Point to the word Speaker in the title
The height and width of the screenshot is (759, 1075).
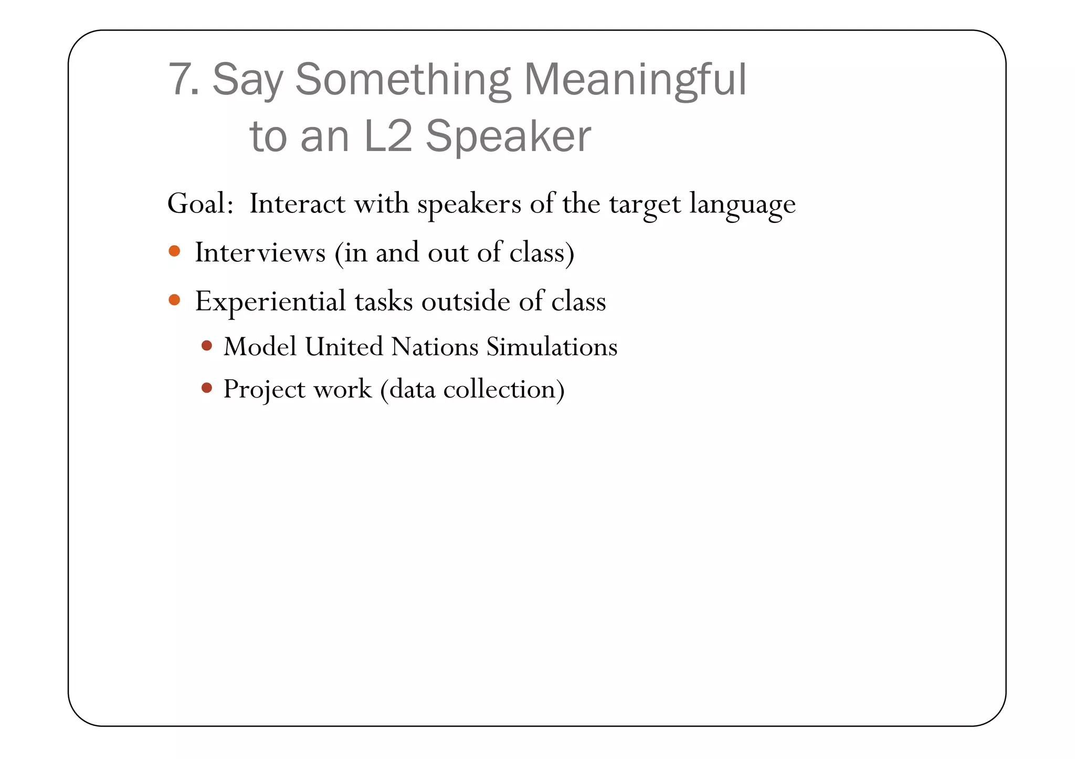coord(508,136)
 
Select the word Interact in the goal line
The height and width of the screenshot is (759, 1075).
coord(297,204)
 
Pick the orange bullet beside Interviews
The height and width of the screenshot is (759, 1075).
coord(175,251)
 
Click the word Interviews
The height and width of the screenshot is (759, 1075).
coord(260,252)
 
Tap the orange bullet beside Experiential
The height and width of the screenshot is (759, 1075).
coord(175,300)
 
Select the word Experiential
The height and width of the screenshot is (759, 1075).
coord(270,302)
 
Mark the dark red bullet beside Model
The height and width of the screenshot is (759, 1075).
coord(207,346)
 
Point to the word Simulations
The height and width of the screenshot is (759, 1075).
coord(552,347)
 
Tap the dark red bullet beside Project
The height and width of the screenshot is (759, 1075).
coord(207,388)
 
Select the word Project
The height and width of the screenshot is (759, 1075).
coord(264,390)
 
